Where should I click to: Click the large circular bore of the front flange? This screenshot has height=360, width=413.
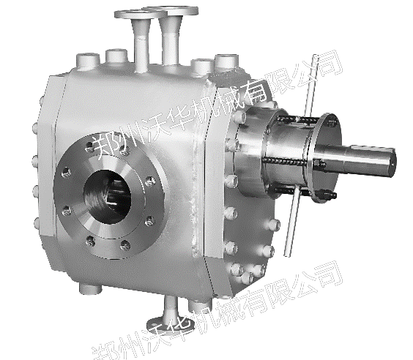tap(107, 197)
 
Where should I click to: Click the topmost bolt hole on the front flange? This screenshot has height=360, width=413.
tap(89, 147)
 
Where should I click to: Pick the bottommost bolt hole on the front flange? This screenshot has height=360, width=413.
tap(124, 245)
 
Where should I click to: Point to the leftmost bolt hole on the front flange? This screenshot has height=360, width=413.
tap(66, 173)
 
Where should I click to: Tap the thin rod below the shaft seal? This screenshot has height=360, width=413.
tap(292, 221)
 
